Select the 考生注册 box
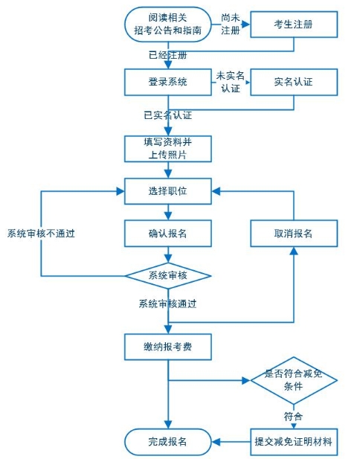tap(293, 25)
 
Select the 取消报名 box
tap(293, 234)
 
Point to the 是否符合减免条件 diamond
tap(293, 380)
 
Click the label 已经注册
tap(168, 54)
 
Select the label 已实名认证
tap(168, 115)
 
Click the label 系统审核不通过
tap(41, 234)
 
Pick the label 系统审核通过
tap(167, 304)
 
